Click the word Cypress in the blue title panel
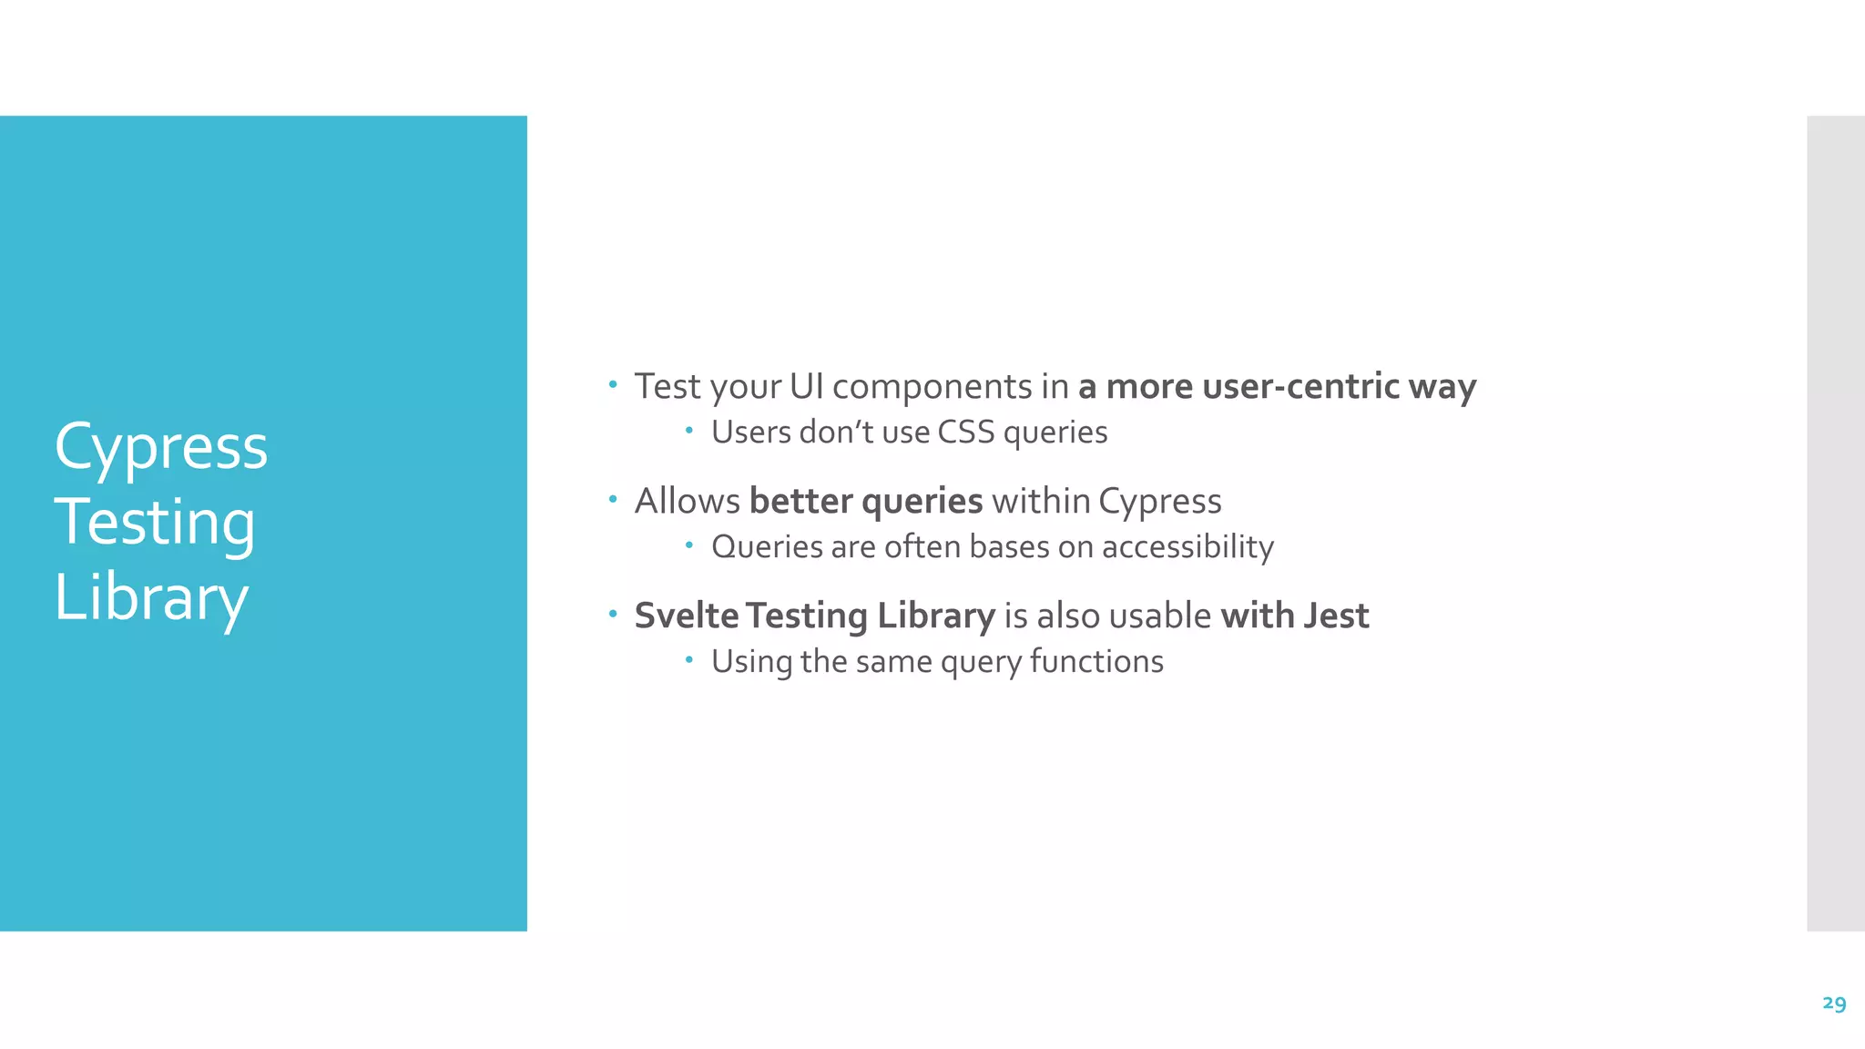[161, 447]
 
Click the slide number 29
[1834, 1003]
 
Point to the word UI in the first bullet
[806, 386]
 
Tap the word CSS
[966, 432]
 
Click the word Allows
[688, 501]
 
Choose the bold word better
[800, 501]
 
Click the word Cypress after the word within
[1159, 503]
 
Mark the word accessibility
[1187, 547]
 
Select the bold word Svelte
[687, 616]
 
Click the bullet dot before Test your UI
[613, 384]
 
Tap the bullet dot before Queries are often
[689, 545]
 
